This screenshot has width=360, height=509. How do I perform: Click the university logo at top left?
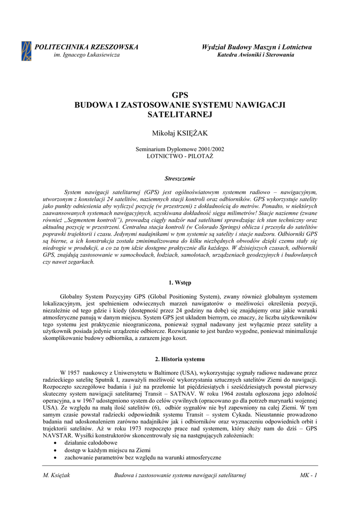click(26, 51)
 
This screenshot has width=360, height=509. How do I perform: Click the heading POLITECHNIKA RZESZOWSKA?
click(86, 47)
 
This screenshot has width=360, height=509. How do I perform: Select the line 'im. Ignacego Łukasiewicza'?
click(86, 55)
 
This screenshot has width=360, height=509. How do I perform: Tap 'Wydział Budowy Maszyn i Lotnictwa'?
click(257, 47)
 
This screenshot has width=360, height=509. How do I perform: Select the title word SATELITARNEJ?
click(180, 114)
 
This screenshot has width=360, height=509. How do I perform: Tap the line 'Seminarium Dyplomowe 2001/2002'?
click(180, 149)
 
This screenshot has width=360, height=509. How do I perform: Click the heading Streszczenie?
click(180, 178)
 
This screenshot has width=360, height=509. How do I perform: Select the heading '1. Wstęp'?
click(180, 283)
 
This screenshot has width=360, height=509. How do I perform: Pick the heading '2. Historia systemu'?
click(180, 359)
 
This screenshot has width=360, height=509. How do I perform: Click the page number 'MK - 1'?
click(308, 476)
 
